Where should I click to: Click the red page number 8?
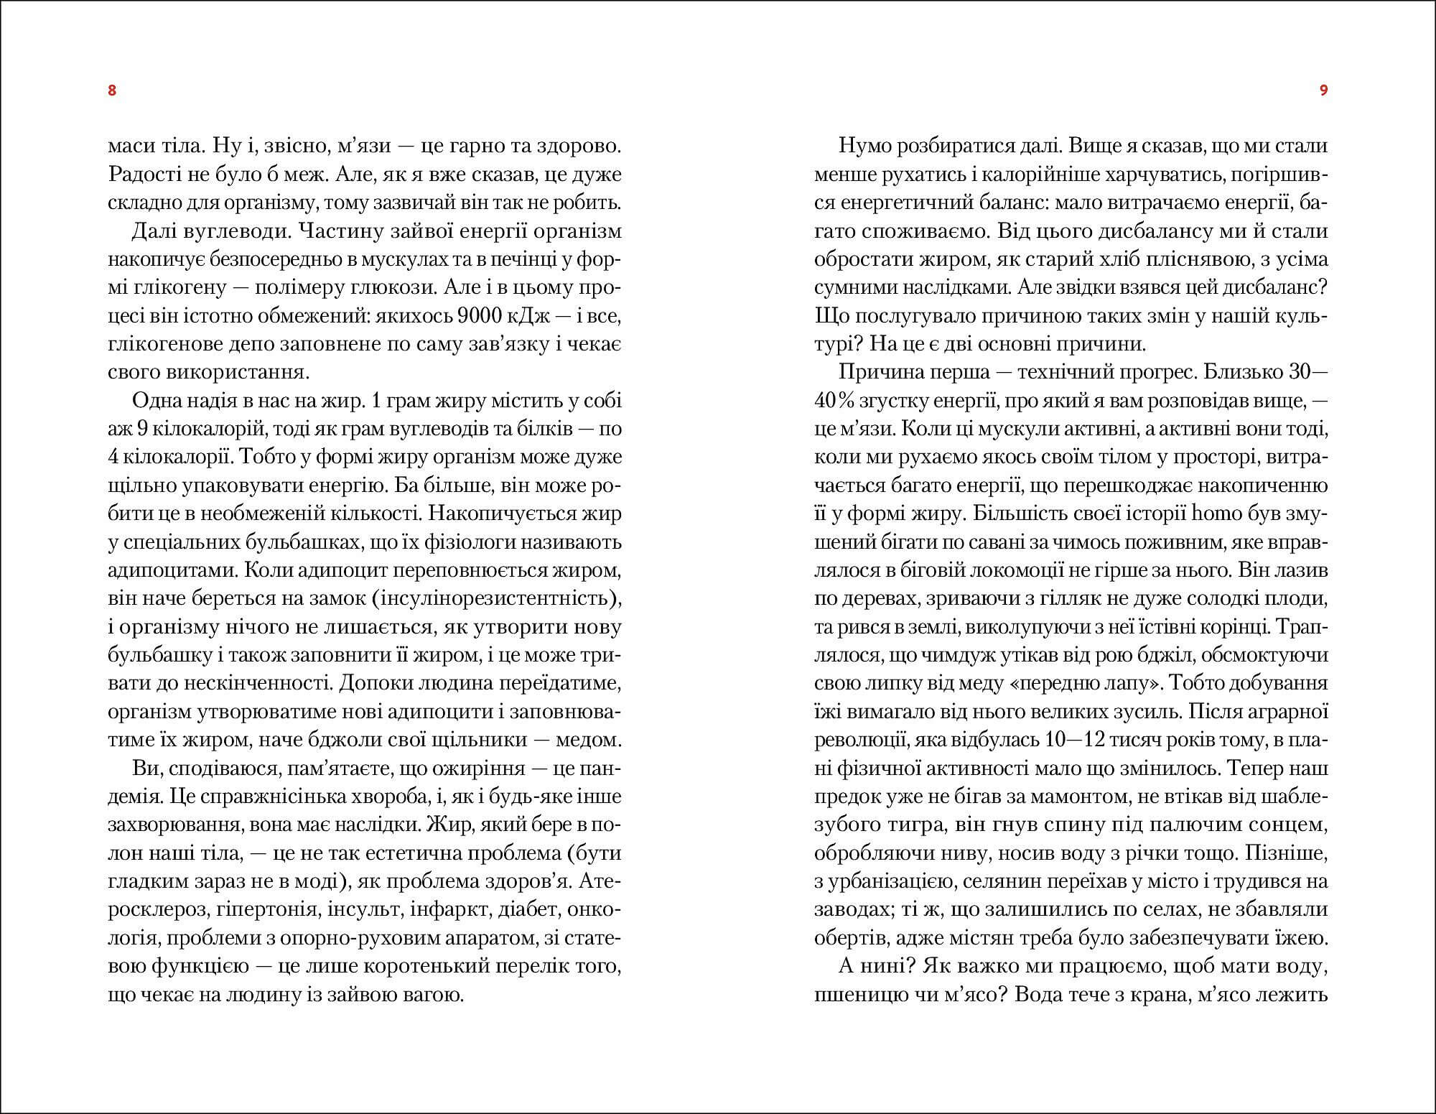(111, 90)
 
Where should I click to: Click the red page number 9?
(1323, 90)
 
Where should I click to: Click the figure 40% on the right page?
(834, 401)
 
